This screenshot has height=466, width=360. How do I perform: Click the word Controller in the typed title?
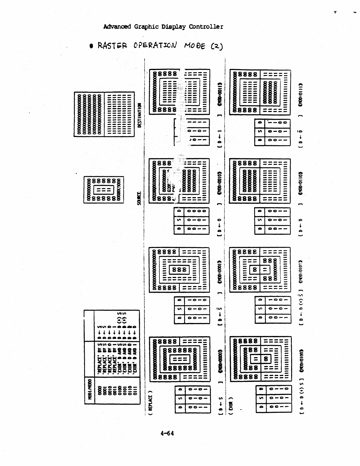(206, 27)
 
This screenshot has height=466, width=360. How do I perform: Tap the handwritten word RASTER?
(112, 46)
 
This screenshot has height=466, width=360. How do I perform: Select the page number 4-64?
(167, 433)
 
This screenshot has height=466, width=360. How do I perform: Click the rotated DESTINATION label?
(140, 115)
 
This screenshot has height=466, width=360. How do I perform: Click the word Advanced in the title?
(117, 27)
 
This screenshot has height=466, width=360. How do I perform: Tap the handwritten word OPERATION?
(155, 46)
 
